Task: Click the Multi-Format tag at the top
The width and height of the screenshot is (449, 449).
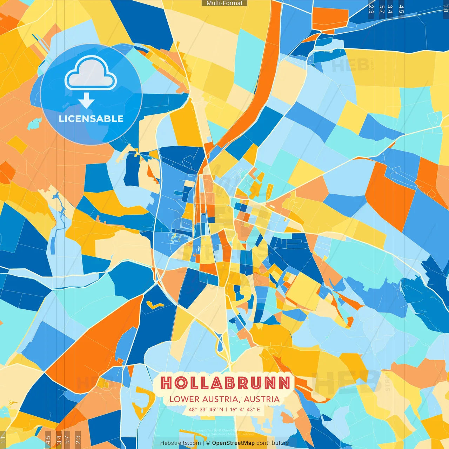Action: (x=224, y=3)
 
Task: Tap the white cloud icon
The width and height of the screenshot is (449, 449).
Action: (x=91, y=73)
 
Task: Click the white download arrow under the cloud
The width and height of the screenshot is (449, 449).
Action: (x=86, y=101)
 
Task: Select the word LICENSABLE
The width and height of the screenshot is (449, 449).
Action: (x=91, y=119)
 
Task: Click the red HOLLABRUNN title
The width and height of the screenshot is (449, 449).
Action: (x=226, y=383)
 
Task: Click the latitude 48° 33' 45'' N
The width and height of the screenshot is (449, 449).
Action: (x=206, y=409)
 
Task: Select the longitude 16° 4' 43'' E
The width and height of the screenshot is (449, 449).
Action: (x=245, y=409)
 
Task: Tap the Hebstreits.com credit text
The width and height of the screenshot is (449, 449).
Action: (x=180, y=443)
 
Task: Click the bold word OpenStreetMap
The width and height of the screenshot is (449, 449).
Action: (x=233, y=443)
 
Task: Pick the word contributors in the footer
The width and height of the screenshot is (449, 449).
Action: (x=273, y=443)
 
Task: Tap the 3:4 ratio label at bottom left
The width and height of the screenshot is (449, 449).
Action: (x=59, y=440)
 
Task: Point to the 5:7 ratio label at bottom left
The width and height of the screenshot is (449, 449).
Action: (x=67, y=440)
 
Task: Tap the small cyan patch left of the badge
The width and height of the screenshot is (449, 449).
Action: (x=34, y=123)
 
